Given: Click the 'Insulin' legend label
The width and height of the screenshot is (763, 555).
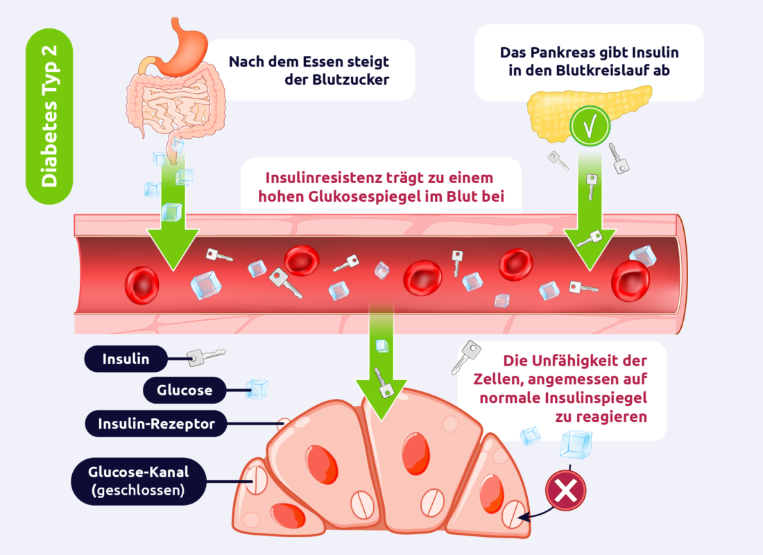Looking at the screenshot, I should tap(126, 359).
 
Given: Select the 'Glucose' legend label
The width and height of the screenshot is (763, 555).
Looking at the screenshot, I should tap(185, 390).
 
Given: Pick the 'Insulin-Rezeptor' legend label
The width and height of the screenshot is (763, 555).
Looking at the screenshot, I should tap(156, 422).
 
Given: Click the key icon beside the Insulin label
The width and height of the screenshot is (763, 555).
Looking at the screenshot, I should tap(205, 356).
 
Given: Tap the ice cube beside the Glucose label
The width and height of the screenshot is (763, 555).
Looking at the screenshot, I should tap(257, 389).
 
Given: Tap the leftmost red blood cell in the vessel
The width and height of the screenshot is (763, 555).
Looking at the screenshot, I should tap(142, 283).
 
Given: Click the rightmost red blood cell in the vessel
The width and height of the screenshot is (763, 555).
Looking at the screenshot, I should tap(630, 280).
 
